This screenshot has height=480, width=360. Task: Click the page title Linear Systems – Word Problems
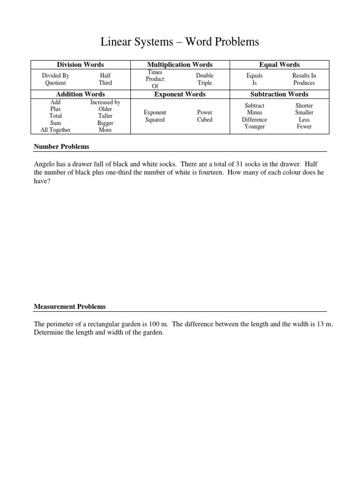[x=180, y=42]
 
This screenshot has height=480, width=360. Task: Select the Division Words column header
[x=80, y=65]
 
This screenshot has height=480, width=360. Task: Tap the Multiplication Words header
[x=180, y=65]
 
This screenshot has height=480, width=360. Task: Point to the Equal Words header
[x=279, y=65]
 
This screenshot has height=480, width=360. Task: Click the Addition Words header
[x=80, y=94]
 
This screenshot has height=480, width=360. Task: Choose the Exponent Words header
[x=180, y=94]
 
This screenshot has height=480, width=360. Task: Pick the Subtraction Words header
[x=279, y=94]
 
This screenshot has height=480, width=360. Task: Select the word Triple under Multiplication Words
[x=205, y=83]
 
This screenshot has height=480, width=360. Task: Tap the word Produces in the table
[x=304, y=83]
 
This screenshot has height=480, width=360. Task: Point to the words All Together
[x=55, y=130]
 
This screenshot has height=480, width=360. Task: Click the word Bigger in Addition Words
[x=105, y=123]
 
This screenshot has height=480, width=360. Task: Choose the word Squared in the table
[x=155, y=120]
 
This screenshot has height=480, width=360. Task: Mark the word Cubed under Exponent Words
[x=205, y=120]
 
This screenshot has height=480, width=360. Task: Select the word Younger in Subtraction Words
[x=255, y=127]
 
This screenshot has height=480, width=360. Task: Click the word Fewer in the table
[x=304, y=127]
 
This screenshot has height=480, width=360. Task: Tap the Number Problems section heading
[x=61, y=147]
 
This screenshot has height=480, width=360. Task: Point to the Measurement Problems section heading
[x=70, y=307]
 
